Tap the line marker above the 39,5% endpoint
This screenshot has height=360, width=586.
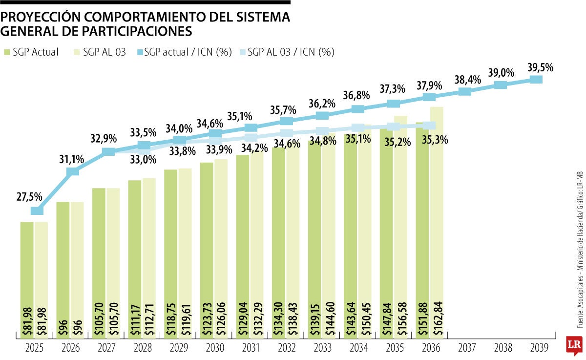[536, 79]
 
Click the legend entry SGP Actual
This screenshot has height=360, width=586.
[31, 52]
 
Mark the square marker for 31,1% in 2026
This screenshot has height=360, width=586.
[72, 171]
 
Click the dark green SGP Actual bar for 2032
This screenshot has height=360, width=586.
[278, 234]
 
